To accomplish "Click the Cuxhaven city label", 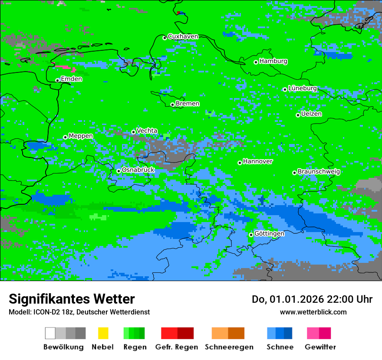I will click(183, 36).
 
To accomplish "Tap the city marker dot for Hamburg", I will click(256, 62).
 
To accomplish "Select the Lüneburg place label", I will click(303, 88).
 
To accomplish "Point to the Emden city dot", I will click(57, 80).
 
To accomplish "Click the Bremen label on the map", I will click(188, 104).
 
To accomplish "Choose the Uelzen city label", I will click(311, 114).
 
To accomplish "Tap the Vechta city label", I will click(147, 131).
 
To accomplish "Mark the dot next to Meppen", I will click(65, 137).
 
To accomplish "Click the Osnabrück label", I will click(138, 170).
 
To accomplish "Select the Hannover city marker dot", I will click(240, 163).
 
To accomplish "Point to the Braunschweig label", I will click(319, 171).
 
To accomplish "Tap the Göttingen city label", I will click(269, 233).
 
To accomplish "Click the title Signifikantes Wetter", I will click(72, 299).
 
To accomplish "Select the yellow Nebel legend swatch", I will click(103, 333).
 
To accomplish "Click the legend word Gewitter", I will click(320, 347).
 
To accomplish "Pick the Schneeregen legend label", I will click(229, 347).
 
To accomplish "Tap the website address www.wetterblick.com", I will click(313, 312).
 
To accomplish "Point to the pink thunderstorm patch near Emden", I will click(64, 68).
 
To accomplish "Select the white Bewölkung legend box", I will click(50, 333).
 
